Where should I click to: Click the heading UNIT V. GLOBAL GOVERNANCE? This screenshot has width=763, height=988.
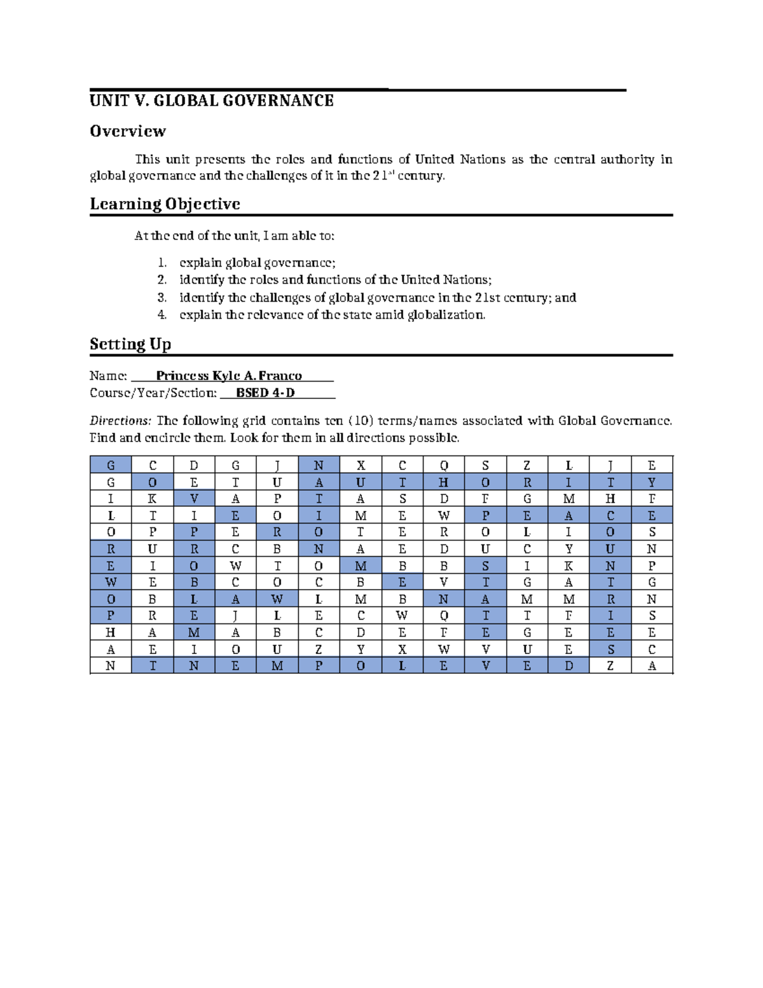tap(211, 101)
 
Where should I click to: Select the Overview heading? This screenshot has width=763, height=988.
tap(128, 131)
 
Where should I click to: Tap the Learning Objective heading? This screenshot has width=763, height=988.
tap(165, 204)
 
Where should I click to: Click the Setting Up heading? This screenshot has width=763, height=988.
tap(130, 344)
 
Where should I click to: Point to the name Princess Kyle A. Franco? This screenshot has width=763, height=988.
tap(229, 376)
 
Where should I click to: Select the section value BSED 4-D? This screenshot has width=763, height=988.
tap(265, 393)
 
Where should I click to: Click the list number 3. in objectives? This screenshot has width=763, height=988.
tap(162, 297)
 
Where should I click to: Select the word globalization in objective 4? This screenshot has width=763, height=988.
tap(446, 314)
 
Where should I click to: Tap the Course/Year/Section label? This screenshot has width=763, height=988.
tap(153, 393)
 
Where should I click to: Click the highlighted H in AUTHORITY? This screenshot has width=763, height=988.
tap(444, 482)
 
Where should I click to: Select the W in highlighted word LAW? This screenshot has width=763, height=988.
tap(277, 599)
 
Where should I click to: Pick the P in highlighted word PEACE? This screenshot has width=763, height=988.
tap(485, 515)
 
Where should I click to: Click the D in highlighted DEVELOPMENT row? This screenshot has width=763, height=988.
tap(568, 665)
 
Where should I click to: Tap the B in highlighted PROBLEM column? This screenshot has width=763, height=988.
tap(194, 582)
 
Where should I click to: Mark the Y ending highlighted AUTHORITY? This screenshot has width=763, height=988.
tap(652, 482)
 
